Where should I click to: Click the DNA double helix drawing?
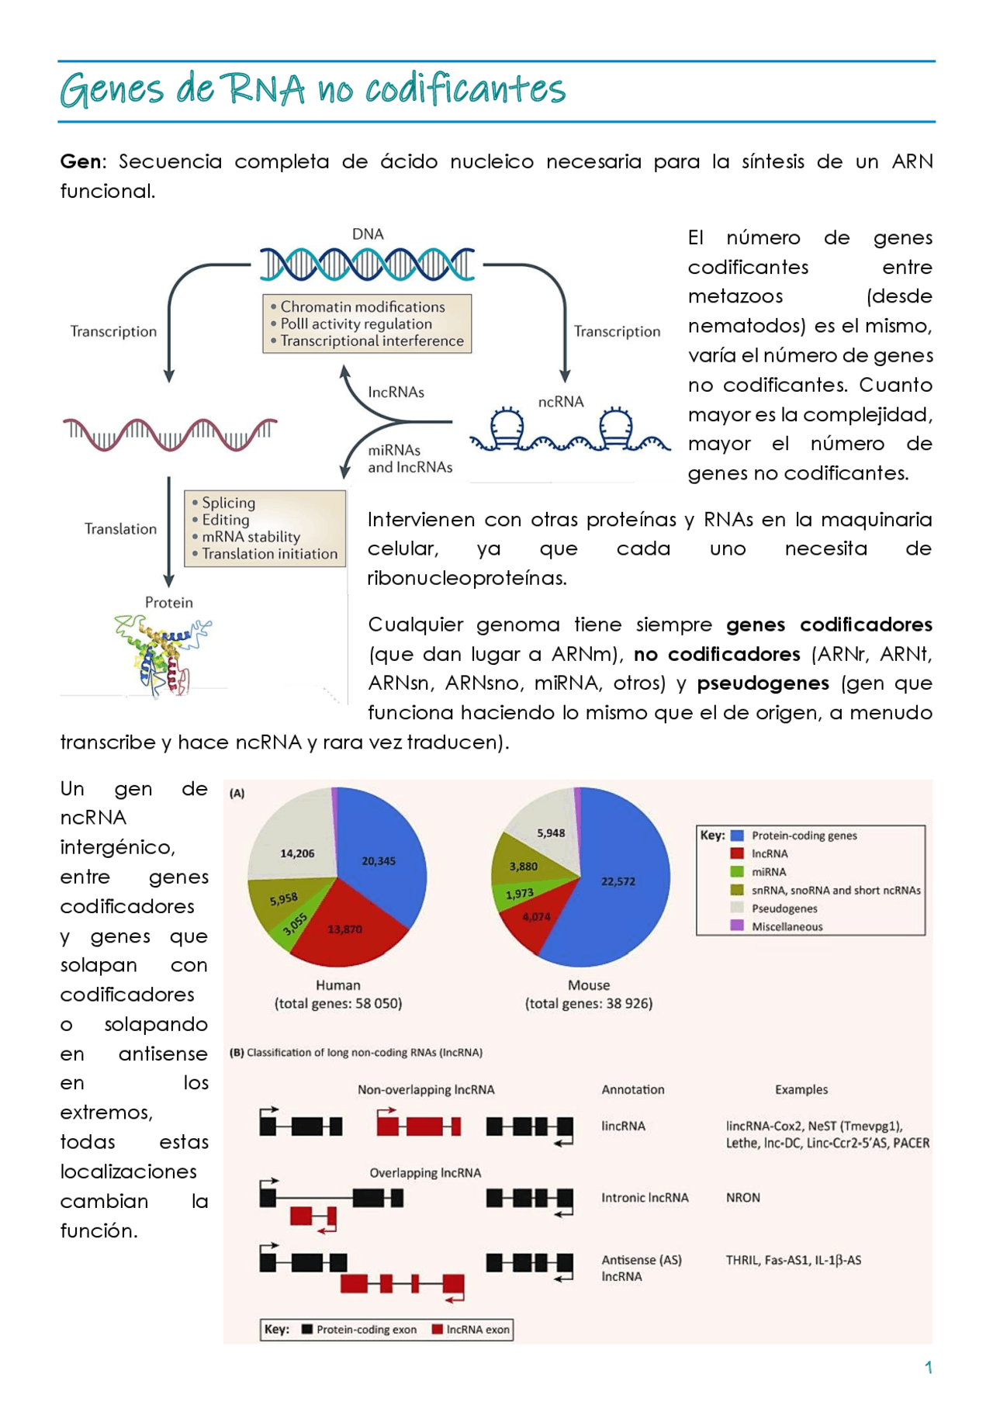pos(367,265)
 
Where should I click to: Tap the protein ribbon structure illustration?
pos(163,655)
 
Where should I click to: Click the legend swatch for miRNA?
pos(737,871)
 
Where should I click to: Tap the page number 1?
pos(929,1367)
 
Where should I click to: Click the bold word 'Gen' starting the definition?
pos(81,161)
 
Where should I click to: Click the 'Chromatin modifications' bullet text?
pos(362,306)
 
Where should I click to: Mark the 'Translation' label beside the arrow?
pos(120,528)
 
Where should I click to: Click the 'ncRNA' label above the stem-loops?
pos(561,401)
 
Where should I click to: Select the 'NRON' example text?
pos(743,1197)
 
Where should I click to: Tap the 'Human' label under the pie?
pos(338,985)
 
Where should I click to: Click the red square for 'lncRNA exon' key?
pos(438,1329)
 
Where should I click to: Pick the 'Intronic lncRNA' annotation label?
pos(645,1197)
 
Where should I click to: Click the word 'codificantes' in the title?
pos(465,88)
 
